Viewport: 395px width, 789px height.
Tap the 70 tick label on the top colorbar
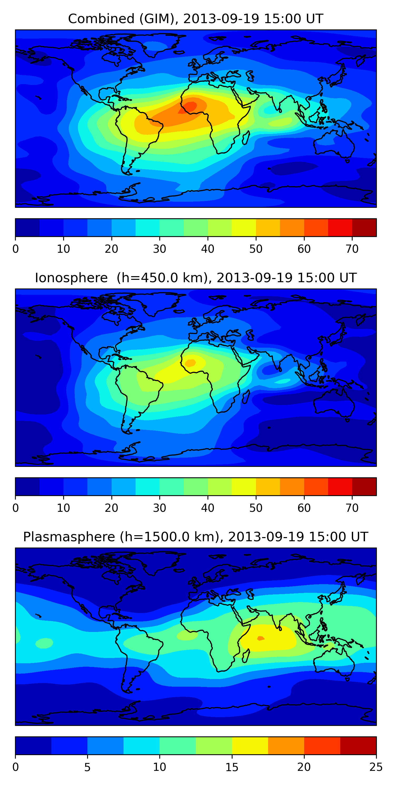pos(352,249)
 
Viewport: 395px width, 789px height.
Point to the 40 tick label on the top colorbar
pos(208,249)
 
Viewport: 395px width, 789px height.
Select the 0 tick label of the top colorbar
pos(16,249)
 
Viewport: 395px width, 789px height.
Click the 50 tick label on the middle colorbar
pos(256,508)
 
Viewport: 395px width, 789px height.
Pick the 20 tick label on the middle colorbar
pos(111,508)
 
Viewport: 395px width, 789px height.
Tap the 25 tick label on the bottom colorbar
pos(376,767)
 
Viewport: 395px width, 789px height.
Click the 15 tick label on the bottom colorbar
pos(232,767)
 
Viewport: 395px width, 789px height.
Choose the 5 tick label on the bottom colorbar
pos(87,767)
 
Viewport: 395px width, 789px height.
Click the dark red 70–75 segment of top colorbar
pos(364,227)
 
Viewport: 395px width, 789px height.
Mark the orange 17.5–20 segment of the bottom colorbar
pos(286,746)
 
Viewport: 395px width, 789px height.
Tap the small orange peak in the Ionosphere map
pos(190,363)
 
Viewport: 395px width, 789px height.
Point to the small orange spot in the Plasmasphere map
pos(261,638)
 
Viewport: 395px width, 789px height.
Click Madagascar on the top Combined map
pos(246,138)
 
